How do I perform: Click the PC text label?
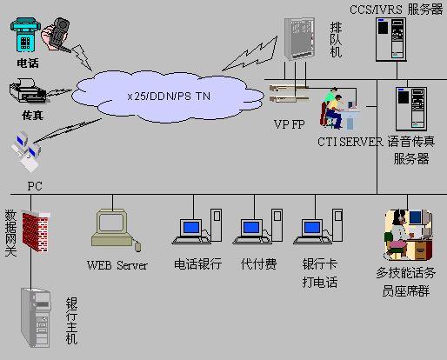click(x=34, y=186)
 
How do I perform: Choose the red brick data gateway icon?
click(x=36, y=230)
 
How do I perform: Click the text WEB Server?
click(x=117, y=264)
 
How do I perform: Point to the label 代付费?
click(x=258, y=263)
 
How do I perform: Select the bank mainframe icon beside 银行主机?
click(x=37, y=317)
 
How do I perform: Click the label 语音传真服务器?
click(x=411, y=150)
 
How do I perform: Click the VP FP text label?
click(x=288, y=124)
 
